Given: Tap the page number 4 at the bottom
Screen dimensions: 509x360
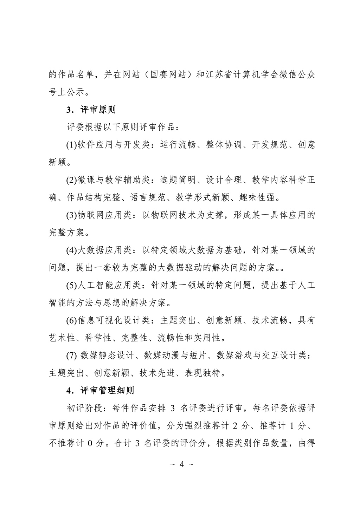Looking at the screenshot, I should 181,464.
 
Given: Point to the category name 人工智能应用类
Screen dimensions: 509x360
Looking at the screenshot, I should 109,285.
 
